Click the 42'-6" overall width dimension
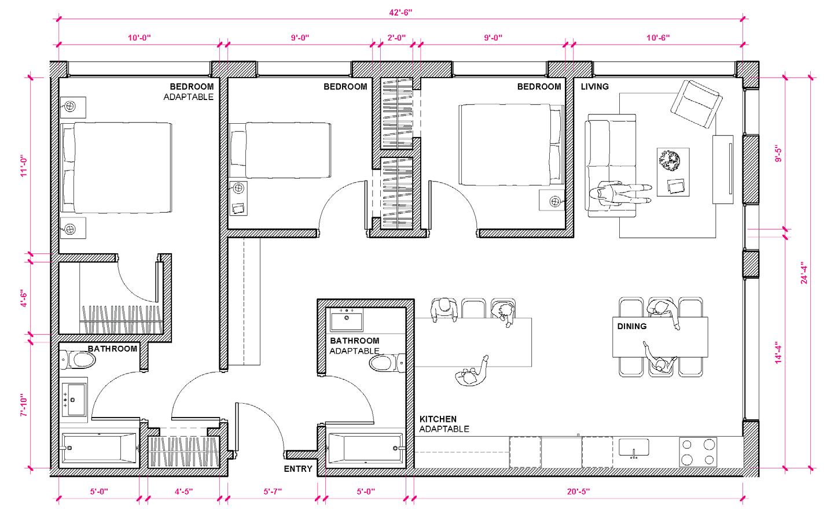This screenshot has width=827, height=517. (x=400, y=13)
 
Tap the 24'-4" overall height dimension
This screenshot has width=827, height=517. (x=804, y=273)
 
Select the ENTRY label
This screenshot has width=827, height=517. (x=298, y=468)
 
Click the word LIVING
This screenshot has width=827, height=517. (x=594, y=86)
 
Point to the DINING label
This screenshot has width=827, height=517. (x=632, y=326)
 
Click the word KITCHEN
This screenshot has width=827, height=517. (x=438, y=419)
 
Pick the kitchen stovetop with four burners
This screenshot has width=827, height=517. (x=698, y=452)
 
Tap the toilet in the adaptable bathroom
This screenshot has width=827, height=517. (x=387, y=363)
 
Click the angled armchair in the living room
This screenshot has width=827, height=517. (x=696, y=104)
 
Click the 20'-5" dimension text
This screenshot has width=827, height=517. (x=578, y=492)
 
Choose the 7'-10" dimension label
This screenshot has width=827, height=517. (x=24, y=405)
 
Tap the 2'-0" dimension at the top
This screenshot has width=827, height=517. (x=396, y=38)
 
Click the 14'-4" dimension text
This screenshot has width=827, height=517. (x=778, y=352)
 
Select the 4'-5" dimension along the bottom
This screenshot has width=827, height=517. (x=183, y=492)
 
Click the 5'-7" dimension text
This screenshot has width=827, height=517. (x=273, y=492)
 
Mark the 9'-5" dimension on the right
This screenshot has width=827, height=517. (x=778, y=154)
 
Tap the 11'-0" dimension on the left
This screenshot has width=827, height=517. (x=24, y=166)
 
